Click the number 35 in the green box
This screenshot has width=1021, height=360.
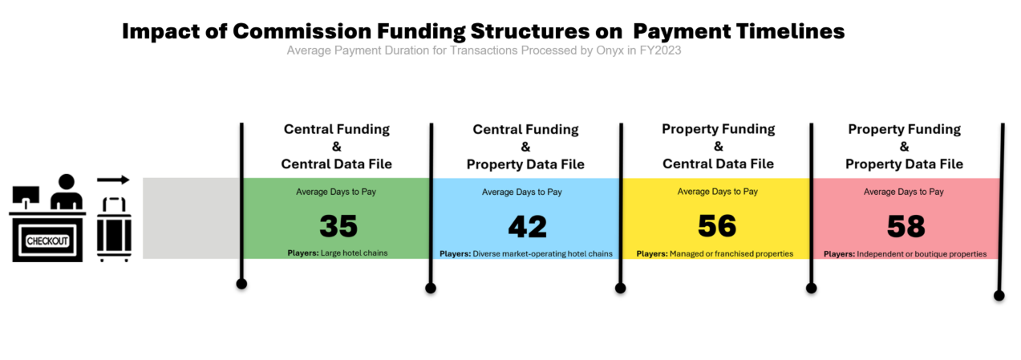[338, 226]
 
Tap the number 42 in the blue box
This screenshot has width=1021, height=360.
[528, 226]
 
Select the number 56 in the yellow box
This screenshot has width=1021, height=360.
[717, 225]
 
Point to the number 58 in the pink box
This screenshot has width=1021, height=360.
[906, 226]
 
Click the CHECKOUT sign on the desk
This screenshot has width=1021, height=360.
[47, 241]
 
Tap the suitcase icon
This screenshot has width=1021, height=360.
[114, 229]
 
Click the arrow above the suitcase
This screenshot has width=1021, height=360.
[113, 180]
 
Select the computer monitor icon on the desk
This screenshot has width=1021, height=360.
[26, 196]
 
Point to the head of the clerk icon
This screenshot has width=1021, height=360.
[67, 181]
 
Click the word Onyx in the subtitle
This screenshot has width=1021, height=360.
[610, 51]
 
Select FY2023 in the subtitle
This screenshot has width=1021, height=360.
[660, 51]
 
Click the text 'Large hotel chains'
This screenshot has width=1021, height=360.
[355, 253]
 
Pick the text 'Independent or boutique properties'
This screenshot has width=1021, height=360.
[922, 254]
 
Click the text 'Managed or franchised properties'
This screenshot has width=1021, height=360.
[731, 254]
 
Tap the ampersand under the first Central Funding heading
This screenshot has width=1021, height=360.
[336, 146]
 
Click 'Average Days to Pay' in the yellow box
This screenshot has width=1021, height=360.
[718, 192]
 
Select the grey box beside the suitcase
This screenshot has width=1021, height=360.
[192, 218]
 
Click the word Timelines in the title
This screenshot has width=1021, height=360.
[790, 31]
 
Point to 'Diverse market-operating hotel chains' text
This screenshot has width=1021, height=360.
[542, 254]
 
